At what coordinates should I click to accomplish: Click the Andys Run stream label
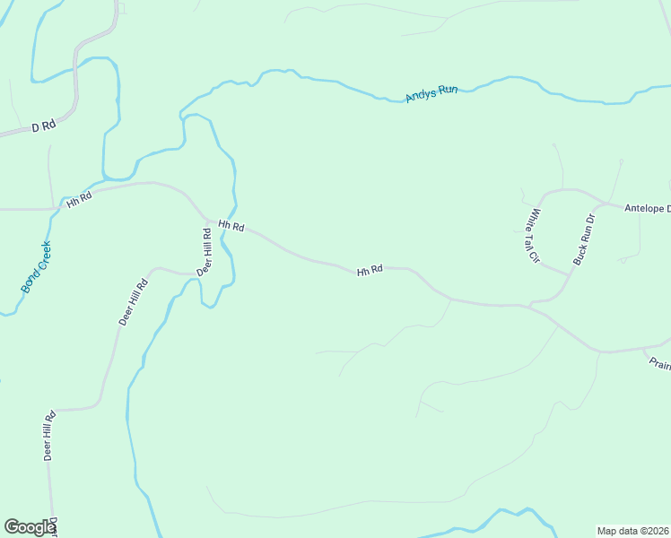tap(431, 92)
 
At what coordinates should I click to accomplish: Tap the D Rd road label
tap(43, 126)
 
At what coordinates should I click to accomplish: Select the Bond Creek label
tap(37, 267)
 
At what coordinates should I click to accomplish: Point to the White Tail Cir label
tap(535, 236)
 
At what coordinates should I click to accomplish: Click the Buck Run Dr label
tap(584, 239)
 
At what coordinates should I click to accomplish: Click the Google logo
tap(30, 527)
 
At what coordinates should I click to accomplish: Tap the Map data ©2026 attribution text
tap(632, 531)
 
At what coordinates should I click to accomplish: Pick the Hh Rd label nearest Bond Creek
tap(79, 199)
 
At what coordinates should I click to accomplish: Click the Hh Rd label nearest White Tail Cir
tap(370, 269)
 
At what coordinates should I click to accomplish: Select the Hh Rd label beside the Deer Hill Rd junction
tap(231, 227)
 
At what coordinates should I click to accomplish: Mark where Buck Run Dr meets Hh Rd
tap(531, 306)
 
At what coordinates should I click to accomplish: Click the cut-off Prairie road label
tap(659, 363)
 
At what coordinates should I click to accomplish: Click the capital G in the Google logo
tap(13, 527)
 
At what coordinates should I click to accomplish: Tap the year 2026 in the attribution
tap(655, 531)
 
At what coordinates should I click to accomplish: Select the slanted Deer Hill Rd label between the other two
tap(133, 302)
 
